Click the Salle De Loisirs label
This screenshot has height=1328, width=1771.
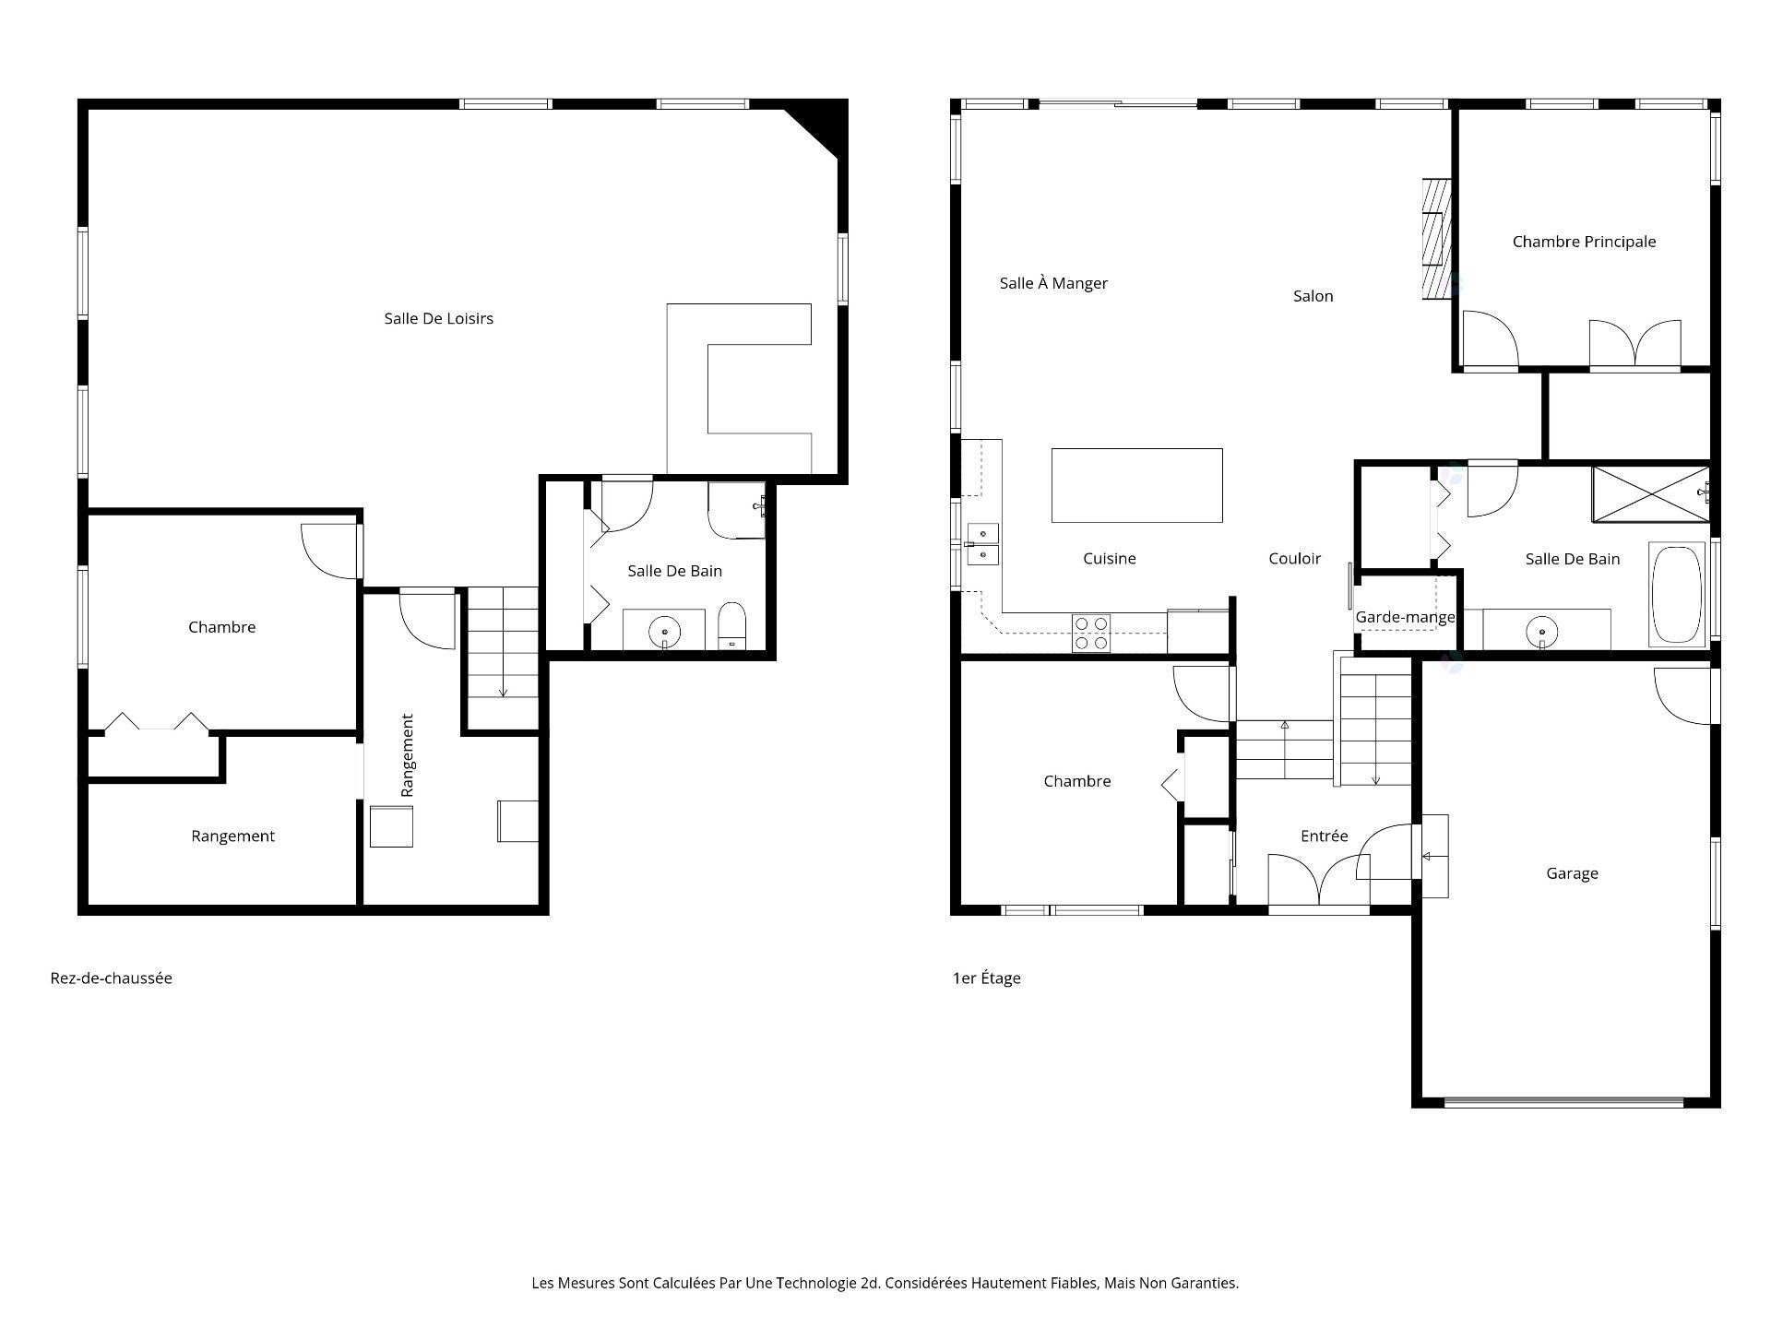pyautogui.click(x=439, y=319)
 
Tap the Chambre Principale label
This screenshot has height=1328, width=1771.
pyautogui.click(x=1584, y=242)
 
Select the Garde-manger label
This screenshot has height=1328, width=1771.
pyautogui.click(x=1405, y=617)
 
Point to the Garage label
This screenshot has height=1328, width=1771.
pyautogui.click(x=1572, y=873)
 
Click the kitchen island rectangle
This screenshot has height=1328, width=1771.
pyautogui.click(x=1137, y=485)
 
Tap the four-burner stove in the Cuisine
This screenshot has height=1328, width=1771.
pyautogui.click(x=1092, y=633)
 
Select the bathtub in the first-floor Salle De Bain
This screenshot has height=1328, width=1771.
pyautogui.click(x=1678, y=595)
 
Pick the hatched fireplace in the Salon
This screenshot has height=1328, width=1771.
pyautogui.click(x=1435, y=238)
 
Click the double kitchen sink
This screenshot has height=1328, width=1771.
pyautogui.click(x=982, y=544)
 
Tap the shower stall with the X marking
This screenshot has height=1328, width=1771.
pyautogui.click(x=1650, y=494)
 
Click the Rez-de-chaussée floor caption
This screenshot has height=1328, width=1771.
pyautogui.click(x=112, y=978)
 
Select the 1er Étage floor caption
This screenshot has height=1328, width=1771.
pyautogui.click(x=987, y=978)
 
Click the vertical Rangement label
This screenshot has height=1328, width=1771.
pyautogui.click(x=408, y=755)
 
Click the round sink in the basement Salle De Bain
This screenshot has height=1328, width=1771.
pyautogui.click(x=665, y=633)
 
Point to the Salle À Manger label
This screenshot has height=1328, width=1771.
pyautogui.click(x=1053, y=283)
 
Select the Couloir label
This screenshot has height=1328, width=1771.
pyautogui.click(x=1294, y=559)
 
